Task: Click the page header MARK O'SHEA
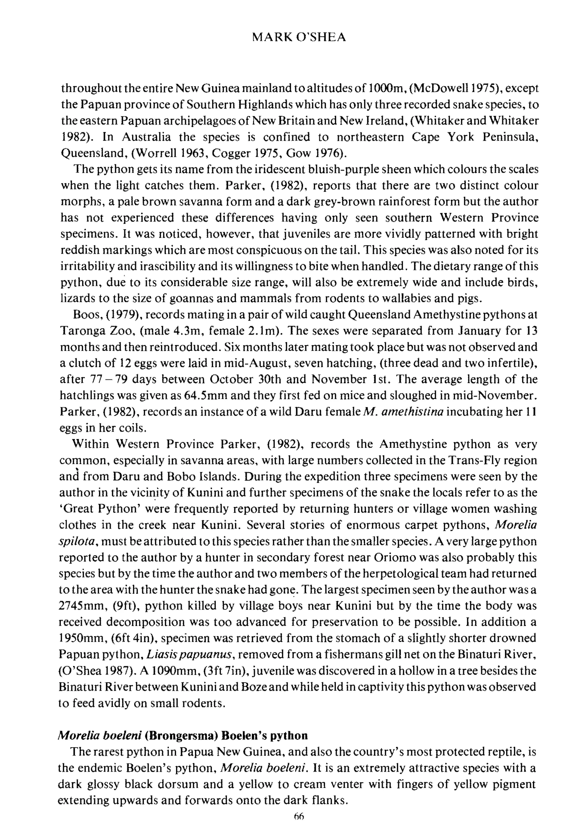click(299, 38)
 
